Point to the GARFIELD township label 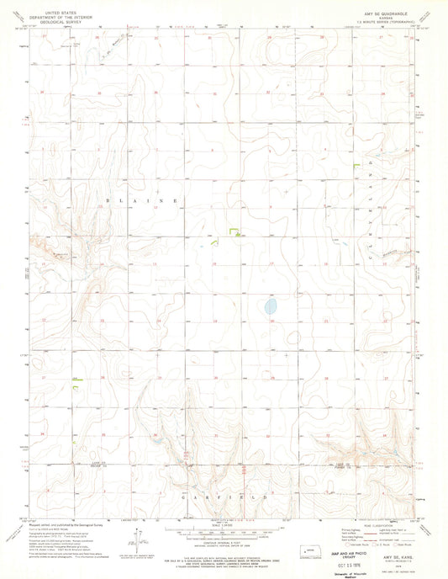pos(223,499)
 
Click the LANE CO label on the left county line pos(74,464)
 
